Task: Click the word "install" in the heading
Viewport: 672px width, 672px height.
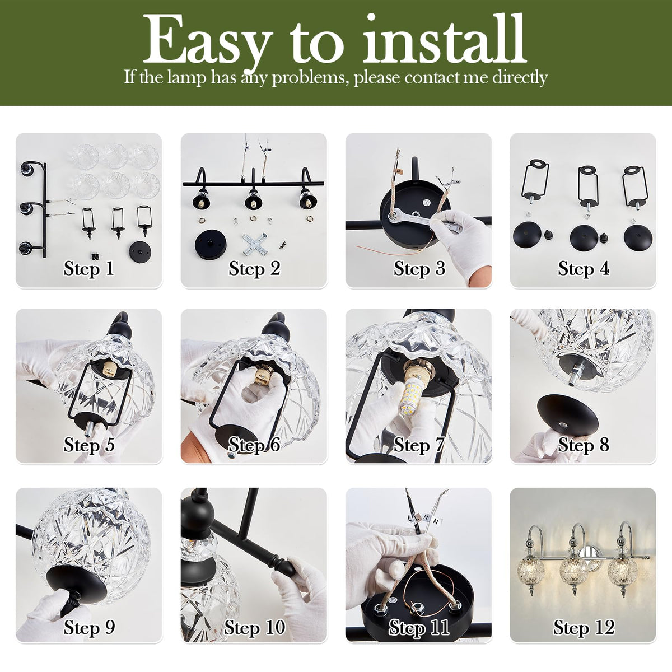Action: click(x=445, y=39)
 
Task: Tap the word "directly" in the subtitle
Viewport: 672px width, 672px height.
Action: click(x=520, y=77)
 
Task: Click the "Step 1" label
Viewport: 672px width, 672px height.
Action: click(x=88, y=269)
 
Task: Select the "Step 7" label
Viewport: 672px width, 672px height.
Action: click(x=418, y=445)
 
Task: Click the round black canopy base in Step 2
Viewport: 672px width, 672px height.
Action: click(x=211, y=245)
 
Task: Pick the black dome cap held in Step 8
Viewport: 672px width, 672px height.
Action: click(x=568, y=416)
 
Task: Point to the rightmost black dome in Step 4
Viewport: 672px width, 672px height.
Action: click(x=638, y=236)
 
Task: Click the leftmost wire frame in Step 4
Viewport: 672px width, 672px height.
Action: click(x=535, y=184)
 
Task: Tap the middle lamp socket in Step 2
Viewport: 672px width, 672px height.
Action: click(x=254, y=200)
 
